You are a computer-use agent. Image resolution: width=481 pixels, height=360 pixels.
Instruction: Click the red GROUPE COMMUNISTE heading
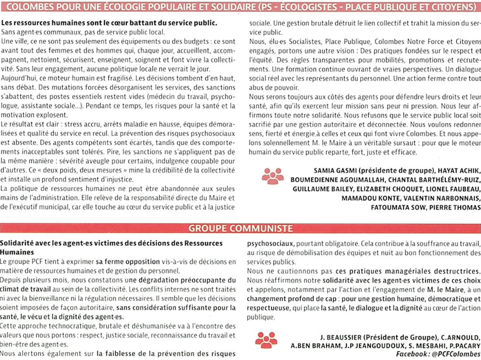pos(240,228)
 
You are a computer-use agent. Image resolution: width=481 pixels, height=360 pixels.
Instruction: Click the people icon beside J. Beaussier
pos(266,341)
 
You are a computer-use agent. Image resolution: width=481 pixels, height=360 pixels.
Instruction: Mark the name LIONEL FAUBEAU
pos(452,189)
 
